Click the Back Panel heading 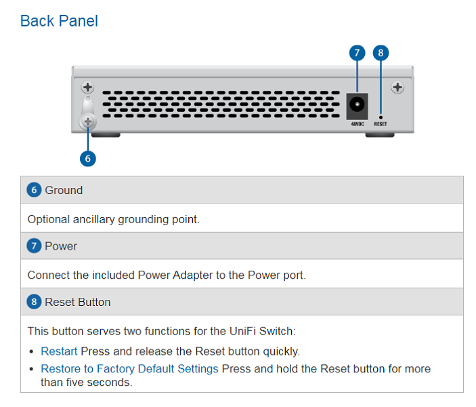coord(59,21)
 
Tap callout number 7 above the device coord(358,52)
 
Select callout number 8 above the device coord(381,52)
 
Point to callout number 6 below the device coord(87,158)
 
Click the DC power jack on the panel coord(356,105)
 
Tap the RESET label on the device coord(381,125)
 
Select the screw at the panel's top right coord(397,87)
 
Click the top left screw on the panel coord(87,87)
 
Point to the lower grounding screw coord(87,121)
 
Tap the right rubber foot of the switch coord(380,134)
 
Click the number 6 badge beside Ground coord(35,190)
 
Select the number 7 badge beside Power coord(35,246)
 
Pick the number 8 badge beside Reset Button coord(35,301)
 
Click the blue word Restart coord(59,351)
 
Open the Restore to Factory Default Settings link coord(129,369)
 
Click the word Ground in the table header coord(64,190)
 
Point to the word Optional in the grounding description coord(48,219)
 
